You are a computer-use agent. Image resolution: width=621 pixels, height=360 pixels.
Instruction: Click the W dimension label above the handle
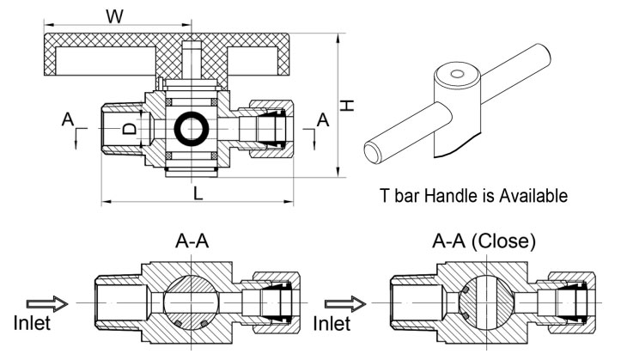(115, 16)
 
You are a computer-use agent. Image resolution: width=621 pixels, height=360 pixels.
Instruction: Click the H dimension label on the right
(347, 106)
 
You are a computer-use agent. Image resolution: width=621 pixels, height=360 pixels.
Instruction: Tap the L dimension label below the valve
(198, 193)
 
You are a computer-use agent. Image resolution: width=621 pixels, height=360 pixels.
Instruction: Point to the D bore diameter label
(130, 129)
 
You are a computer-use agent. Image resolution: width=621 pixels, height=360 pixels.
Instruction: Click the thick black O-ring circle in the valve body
(192, 129)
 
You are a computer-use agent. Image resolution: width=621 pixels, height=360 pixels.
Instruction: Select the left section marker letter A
(68, 119)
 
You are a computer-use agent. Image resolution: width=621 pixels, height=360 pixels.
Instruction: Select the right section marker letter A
(323, 119)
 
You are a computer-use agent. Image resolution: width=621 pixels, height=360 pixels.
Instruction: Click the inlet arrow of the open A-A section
(47, 304)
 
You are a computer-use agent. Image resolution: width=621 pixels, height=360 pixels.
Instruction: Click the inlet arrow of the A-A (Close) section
(345, 304)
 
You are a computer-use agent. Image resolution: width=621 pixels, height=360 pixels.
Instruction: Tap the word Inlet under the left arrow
(32, 323)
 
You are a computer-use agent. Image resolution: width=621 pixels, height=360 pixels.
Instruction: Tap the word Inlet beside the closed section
(332, 323)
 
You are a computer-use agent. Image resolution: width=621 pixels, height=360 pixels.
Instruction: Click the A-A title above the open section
(192, 241)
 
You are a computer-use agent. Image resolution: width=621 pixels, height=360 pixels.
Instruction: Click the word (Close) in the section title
(504, 241)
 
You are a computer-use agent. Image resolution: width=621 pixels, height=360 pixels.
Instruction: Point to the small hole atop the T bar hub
(457, 74)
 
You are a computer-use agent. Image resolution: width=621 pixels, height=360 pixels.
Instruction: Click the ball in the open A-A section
(191, 303)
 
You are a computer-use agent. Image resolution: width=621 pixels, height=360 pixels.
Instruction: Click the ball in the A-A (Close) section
(487, 303)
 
